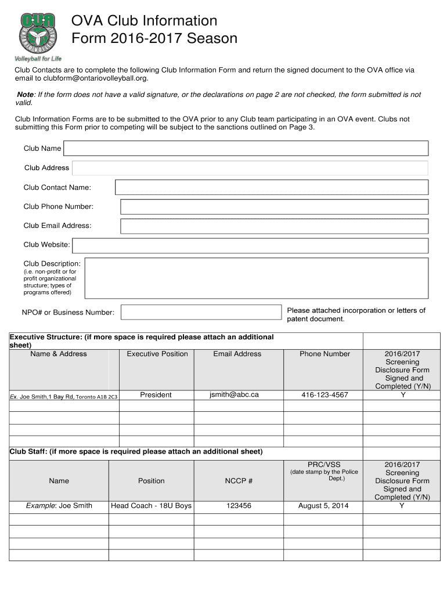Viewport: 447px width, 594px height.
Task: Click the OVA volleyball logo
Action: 38,33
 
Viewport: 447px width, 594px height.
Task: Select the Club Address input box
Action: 250,168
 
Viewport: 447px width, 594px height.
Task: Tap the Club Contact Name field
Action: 272,187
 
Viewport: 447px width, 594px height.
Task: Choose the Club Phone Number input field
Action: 274,207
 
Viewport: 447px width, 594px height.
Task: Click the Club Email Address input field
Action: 274,226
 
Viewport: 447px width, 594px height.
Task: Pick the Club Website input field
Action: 250,245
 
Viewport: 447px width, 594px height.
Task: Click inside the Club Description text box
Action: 256,277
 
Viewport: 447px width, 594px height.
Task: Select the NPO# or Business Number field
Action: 201,312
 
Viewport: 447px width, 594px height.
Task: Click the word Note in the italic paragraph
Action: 26,95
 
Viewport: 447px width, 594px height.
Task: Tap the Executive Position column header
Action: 157,354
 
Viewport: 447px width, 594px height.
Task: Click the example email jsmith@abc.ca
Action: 234,395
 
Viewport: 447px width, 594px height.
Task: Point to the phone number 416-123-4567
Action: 325,395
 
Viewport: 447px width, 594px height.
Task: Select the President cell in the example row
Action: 156,395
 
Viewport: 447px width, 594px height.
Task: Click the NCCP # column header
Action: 239,481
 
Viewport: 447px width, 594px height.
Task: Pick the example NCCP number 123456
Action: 239,506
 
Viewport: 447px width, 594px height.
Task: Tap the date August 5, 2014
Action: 323,506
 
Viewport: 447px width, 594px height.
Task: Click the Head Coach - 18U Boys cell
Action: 151,506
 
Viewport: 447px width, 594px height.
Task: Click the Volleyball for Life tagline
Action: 38,59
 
